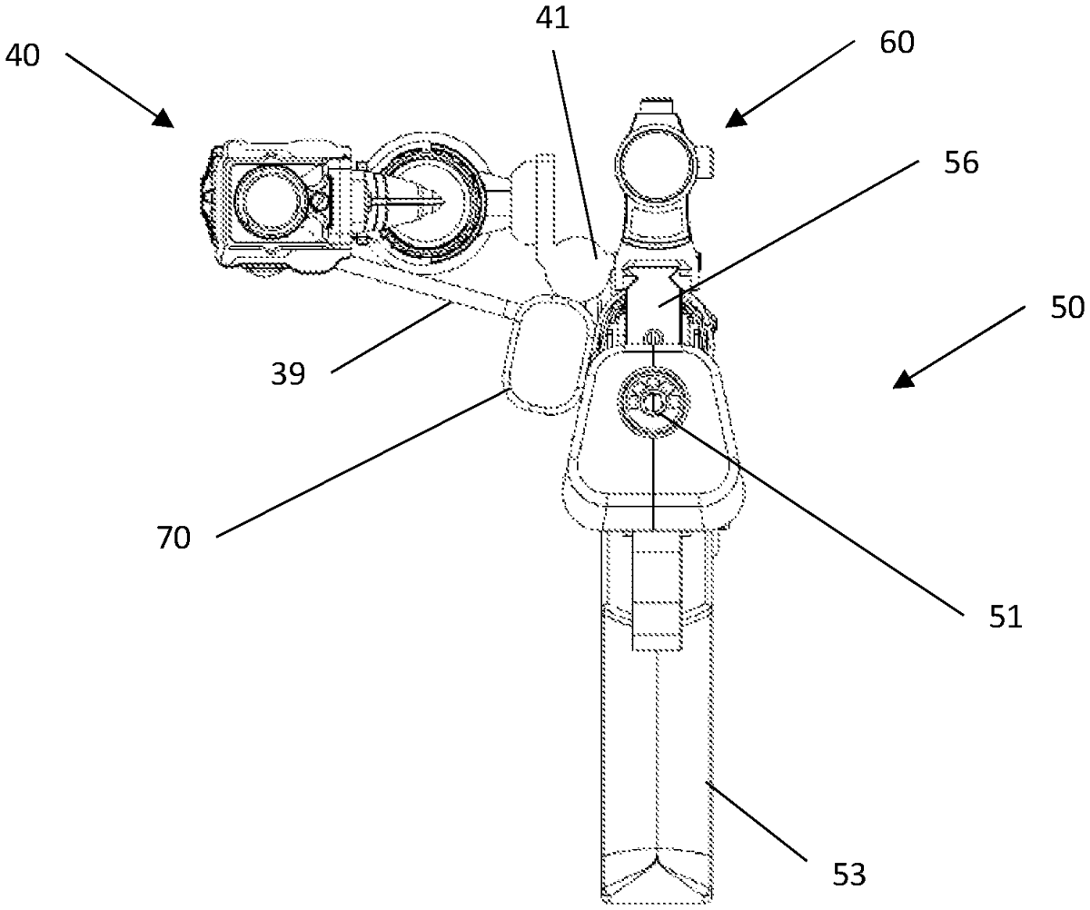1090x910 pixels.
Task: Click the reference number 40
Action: pyautogui.click(x=23, y=55)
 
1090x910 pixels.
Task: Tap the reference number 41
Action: pyautogui.click(x=552, y=19)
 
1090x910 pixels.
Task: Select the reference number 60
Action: pyautogui.click(x=897, y=43)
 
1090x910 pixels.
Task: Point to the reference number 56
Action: pyautogui.click(x=961, y=163)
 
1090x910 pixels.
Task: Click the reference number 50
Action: pyautogui.click(x=1067, y=308)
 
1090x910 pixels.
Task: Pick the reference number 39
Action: pyautogui.click(x=288, y=374)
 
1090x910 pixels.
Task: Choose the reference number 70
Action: pyautogui.click(x=173, y=538)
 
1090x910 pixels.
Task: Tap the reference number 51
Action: pyautogui.click(x=1006, y=617)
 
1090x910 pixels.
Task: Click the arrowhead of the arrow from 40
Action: pyautogui.click(x=163, y=119)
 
